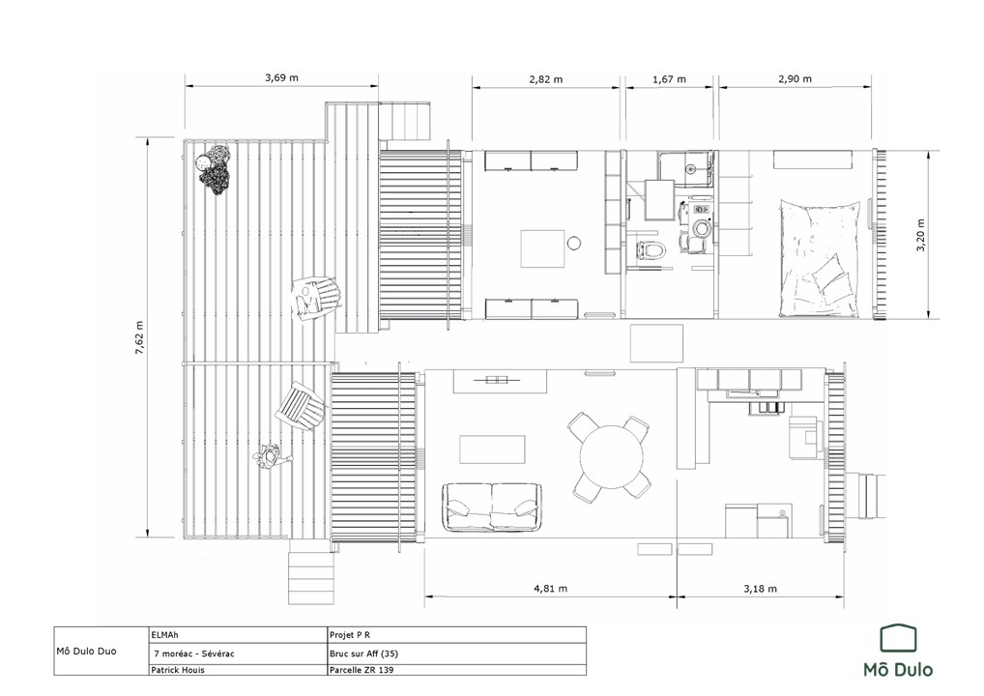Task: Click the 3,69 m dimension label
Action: (281, 78)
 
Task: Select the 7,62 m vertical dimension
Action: (139, 337)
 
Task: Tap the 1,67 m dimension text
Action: (669, 79)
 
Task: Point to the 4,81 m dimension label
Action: (550, 589)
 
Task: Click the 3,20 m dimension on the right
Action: (920, 235)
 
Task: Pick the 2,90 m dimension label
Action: (795, 78)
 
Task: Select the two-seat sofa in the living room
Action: (492, 507)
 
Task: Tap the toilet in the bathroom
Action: (651, 250)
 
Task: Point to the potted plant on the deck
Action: (214, 169)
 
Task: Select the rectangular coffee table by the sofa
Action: (493, 449)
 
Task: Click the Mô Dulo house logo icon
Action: (898, 638)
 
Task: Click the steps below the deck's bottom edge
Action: (310, 577)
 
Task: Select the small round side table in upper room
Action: (573, 243)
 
